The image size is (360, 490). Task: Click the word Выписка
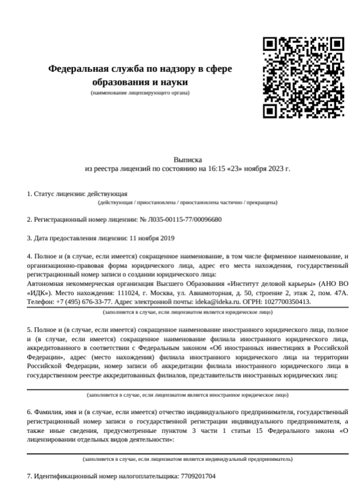tap(188, 159)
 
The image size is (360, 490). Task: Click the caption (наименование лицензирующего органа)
tap(140, 93)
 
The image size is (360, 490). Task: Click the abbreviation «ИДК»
tap(39, 293)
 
